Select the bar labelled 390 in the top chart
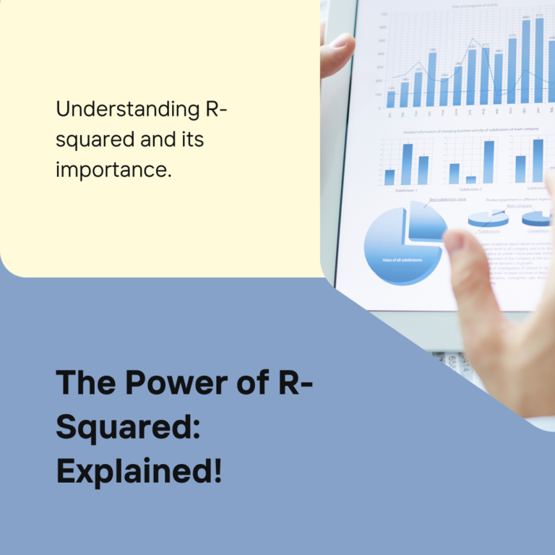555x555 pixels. point(432,79)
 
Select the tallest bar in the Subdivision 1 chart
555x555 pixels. point(407,164)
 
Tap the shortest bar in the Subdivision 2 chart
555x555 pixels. point(470,180)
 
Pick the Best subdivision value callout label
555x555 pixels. point(447,199)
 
